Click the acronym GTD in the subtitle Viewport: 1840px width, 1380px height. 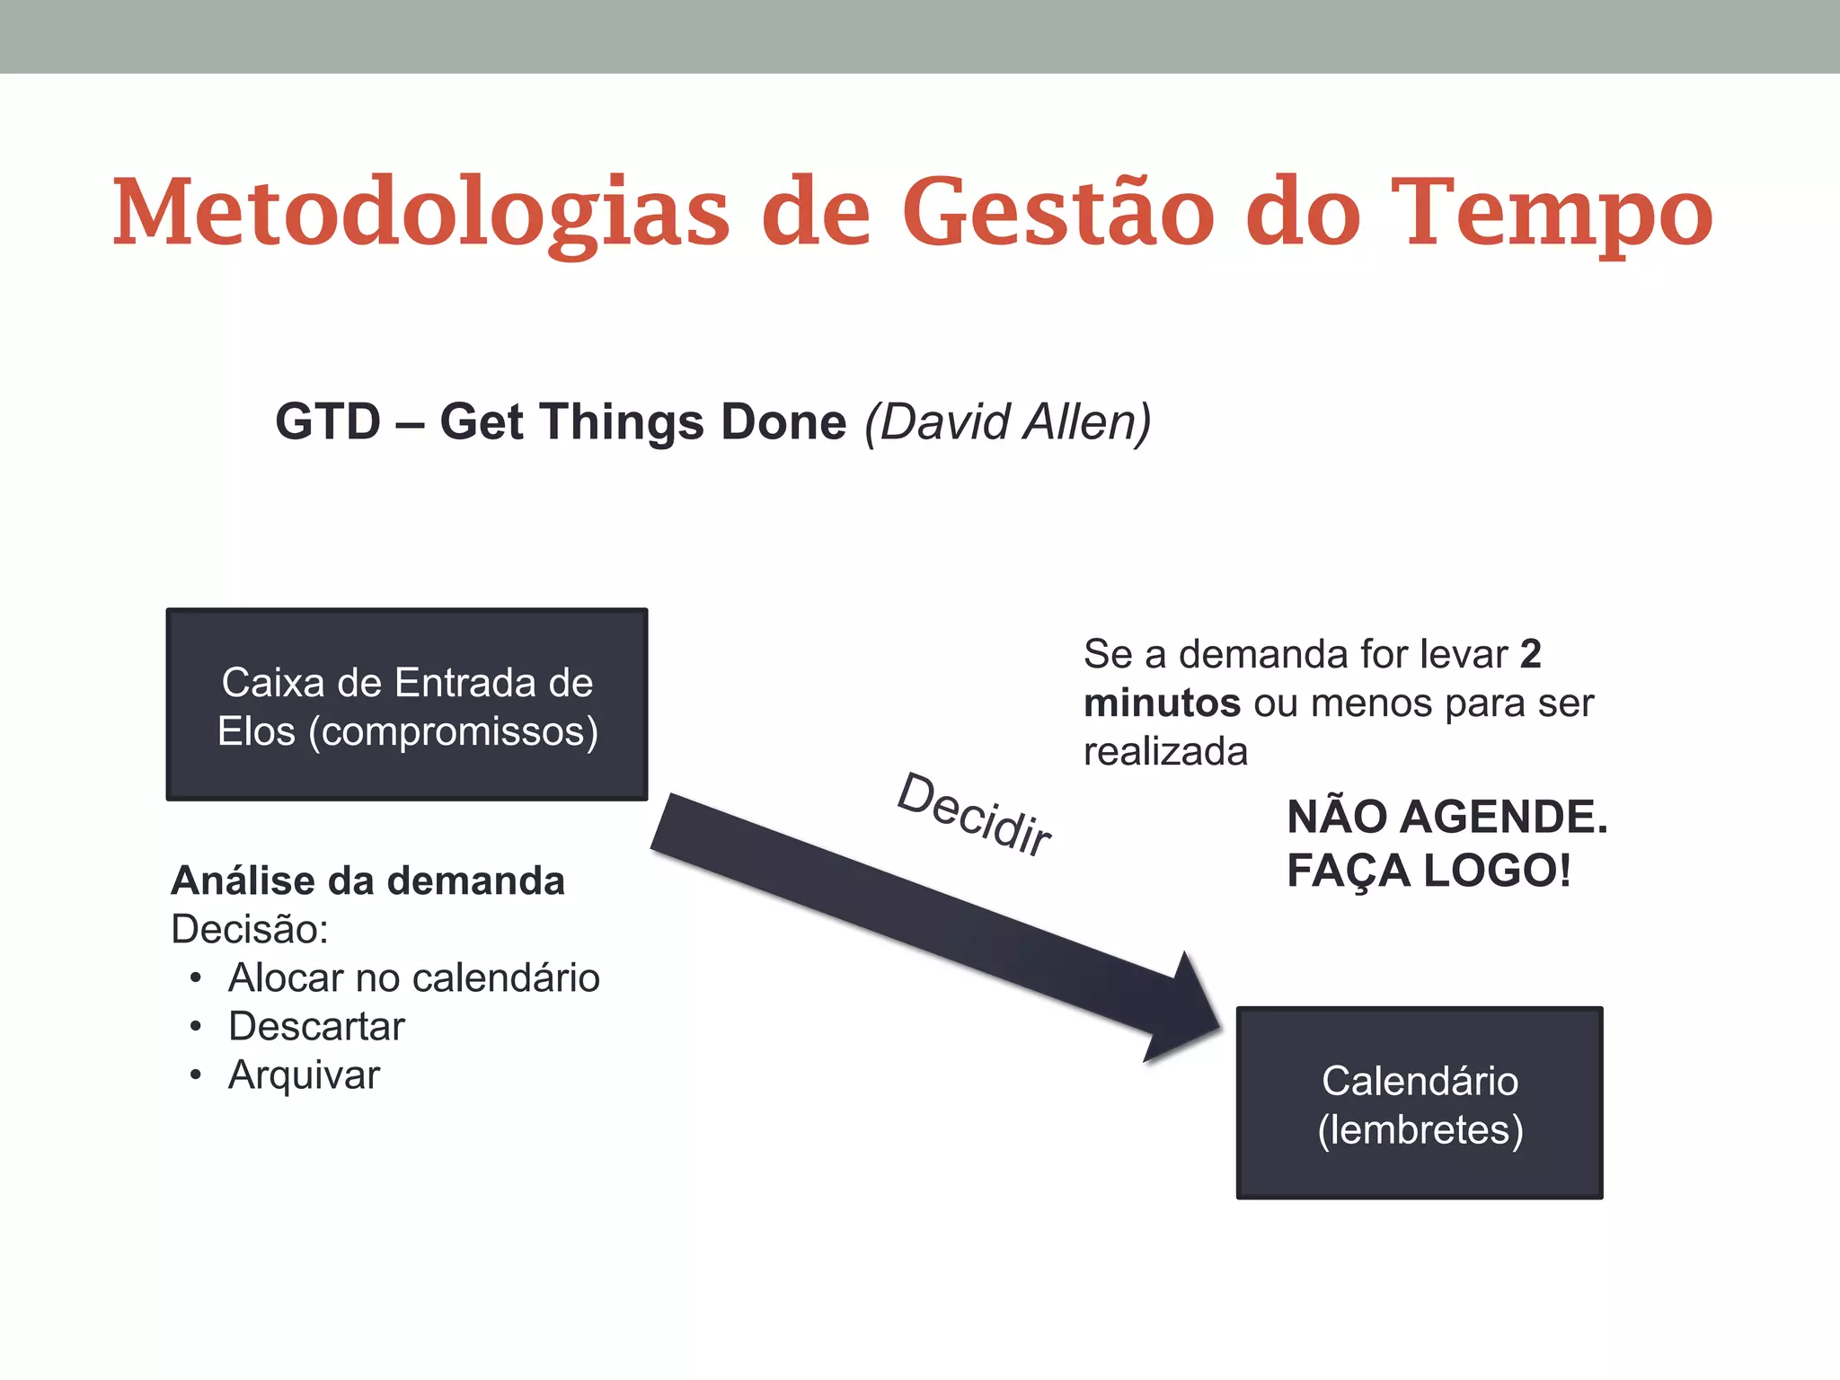(328, 421)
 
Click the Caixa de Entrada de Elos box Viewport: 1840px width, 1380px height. (407, 705)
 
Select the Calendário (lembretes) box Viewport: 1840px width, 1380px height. (1420, 1103)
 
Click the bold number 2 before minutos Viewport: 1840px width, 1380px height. (1530, 654)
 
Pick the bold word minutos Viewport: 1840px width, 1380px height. (1162, 703)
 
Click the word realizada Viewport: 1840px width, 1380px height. (1165, 752)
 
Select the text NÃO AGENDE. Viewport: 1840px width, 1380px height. (1446, 817)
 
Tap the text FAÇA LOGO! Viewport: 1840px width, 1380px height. (1429, 871)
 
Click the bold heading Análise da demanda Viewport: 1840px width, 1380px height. (367, 880)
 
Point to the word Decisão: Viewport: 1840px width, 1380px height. (250, 929)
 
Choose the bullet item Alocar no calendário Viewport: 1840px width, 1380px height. (413, 977)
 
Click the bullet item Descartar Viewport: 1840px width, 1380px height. (316, 1026)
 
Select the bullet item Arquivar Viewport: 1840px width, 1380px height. (304, 1075)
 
